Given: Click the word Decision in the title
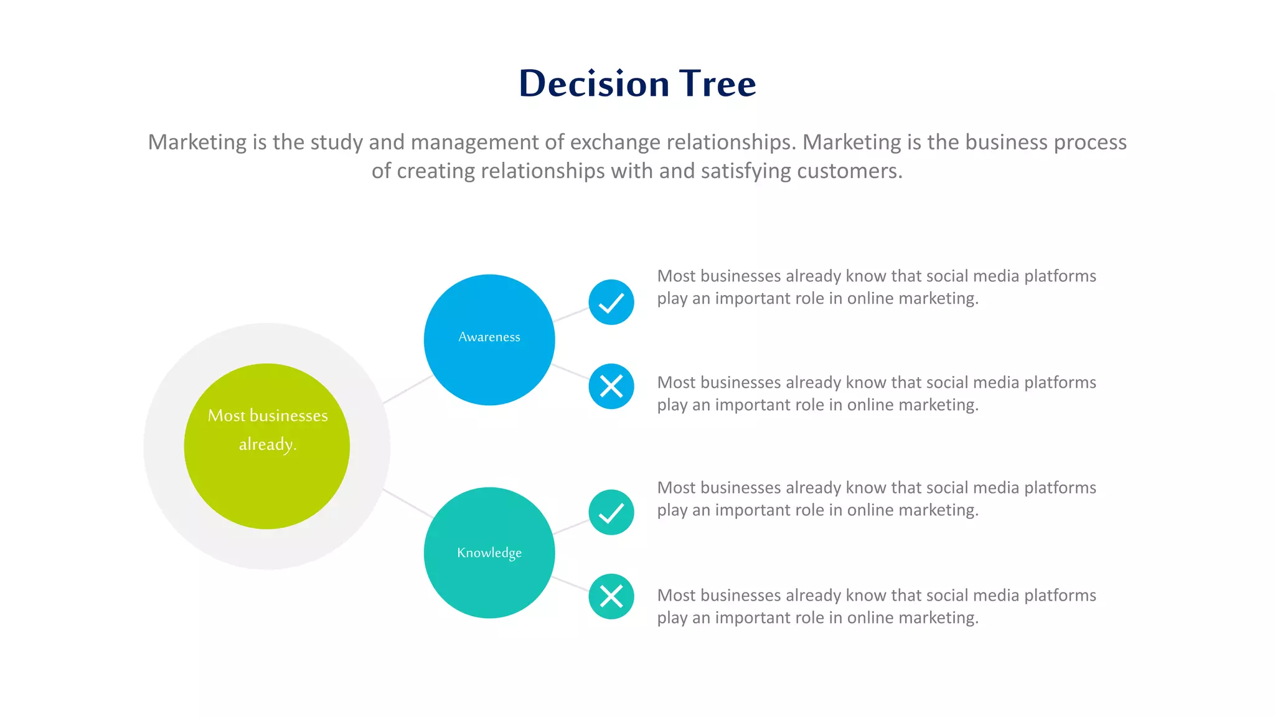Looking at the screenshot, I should click(x=594, y=83).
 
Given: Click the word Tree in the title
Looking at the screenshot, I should click(x=717, y=83).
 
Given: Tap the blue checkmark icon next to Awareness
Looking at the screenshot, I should click(x=611, y=302).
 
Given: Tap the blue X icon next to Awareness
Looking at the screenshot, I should click(x=611, y=387).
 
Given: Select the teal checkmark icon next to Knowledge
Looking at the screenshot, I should click(x=611, y=512).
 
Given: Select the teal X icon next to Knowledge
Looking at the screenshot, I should click(x=611, y=596).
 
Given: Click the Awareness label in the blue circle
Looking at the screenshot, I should click(x=489, y=337).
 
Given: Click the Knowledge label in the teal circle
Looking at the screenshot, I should click(x=489, y=553).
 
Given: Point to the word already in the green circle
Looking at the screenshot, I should click(x=266, y=444).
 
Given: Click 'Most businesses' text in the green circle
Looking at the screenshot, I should click(x=268, y=416).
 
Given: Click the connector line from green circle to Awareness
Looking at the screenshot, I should click(x=408, y=389).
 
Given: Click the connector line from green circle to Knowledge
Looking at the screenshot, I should click(x=408, y=504).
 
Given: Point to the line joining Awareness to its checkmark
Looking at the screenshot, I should click(x=571, y=314).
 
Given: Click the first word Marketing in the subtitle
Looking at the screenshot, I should click(x=197, y=143).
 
